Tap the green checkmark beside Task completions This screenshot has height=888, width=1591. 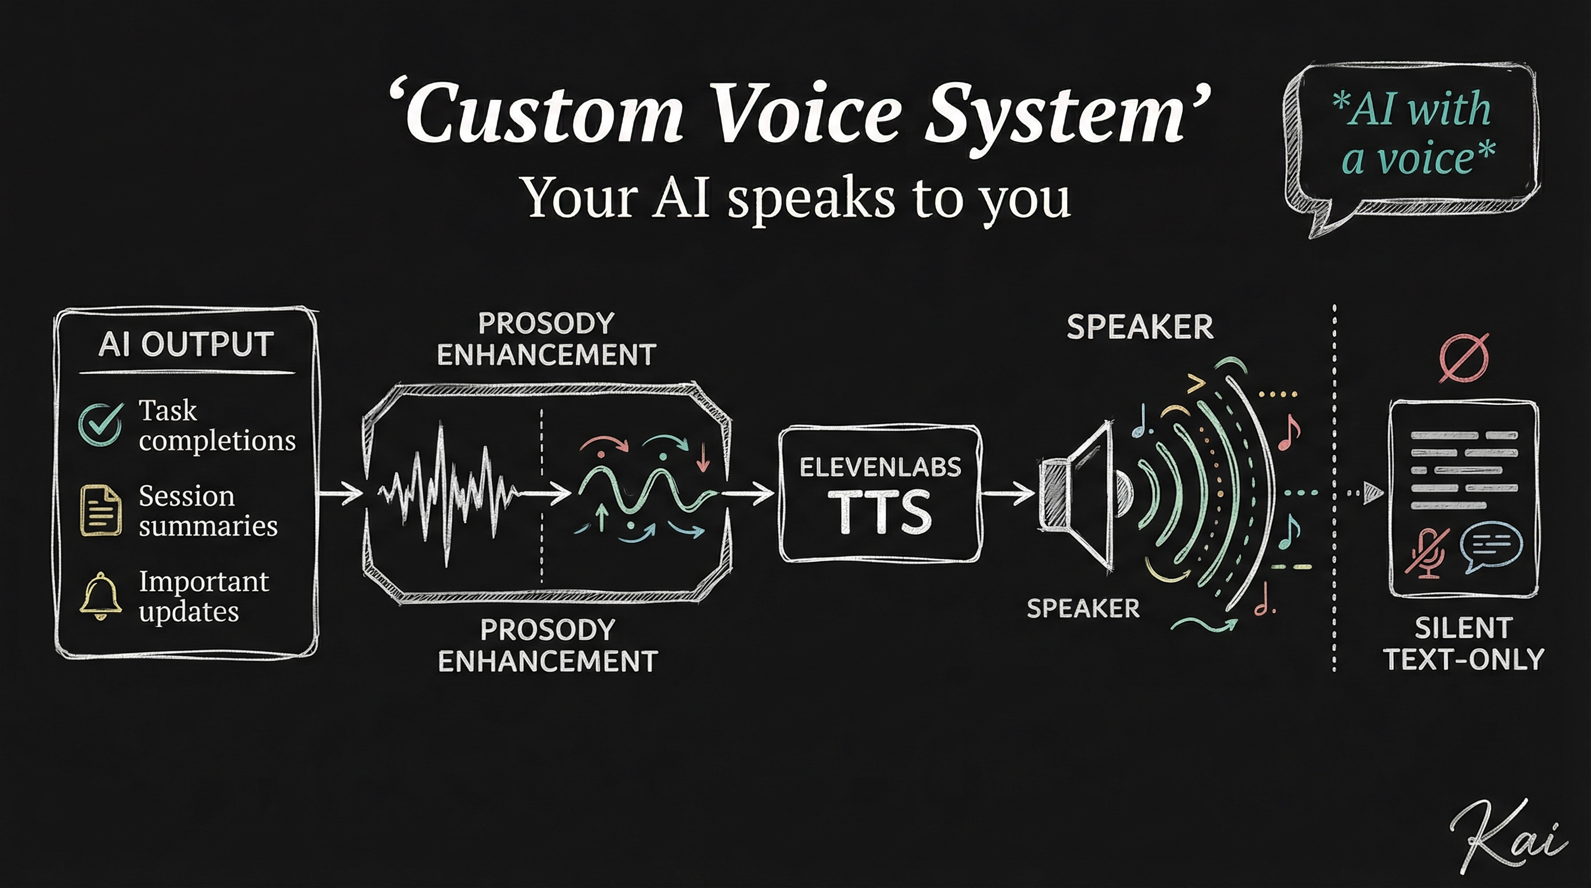point(100,424)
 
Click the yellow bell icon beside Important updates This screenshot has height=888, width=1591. point(100,596)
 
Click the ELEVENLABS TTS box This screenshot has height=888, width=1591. point(879,494)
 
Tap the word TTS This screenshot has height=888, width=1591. point(879,511)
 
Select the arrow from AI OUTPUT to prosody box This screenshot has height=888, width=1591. point(340,493)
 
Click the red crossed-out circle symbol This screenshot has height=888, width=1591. point(1464,358)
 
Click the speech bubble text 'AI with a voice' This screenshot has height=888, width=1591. point(1414,133)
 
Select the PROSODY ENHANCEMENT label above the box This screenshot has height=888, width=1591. point(546,339)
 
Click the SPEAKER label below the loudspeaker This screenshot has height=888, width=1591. point(1083,609)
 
